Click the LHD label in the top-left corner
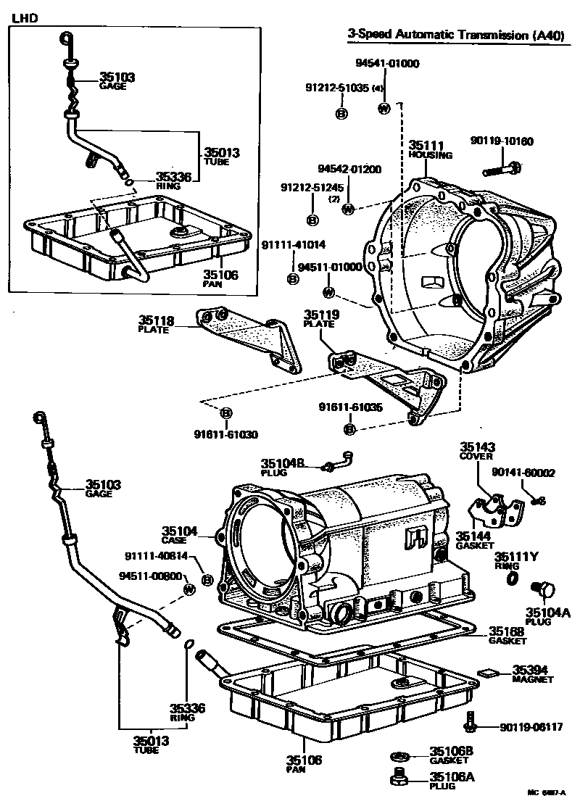click(23, 16)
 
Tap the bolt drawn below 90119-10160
click(500, 171)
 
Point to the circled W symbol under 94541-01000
click(384, 109)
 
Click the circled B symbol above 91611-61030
click(225, 413)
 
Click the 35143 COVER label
click(476, 452)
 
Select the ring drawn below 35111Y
click(512, 577)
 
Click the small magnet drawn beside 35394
click(486, 672)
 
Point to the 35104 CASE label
click(179, 535)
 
